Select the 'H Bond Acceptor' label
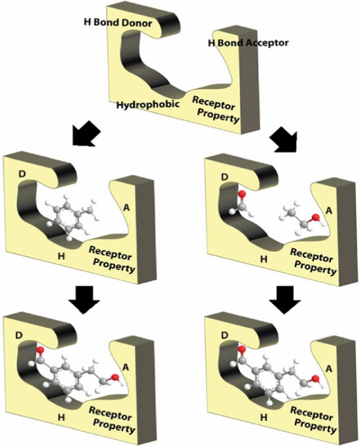click(246, 43)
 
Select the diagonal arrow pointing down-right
click(286, 139)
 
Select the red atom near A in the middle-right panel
click(314, 215)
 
